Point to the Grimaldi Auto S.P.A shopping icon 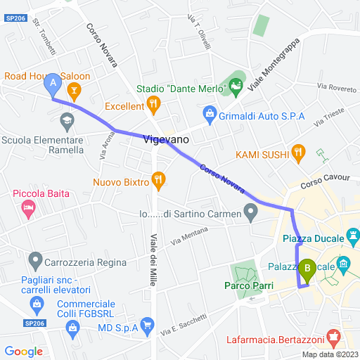click(209, 113)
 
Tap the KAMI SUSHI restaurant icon click(299, 151)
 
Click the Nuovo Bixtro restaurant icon click(158, 181)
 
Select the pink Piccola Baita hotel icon click(28, 207)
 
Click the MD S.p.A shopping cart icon click(146, 324)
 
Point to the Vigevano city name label click(165, 140)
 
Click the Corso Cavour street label click(320, 183)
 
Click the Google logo click(23, 351)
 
